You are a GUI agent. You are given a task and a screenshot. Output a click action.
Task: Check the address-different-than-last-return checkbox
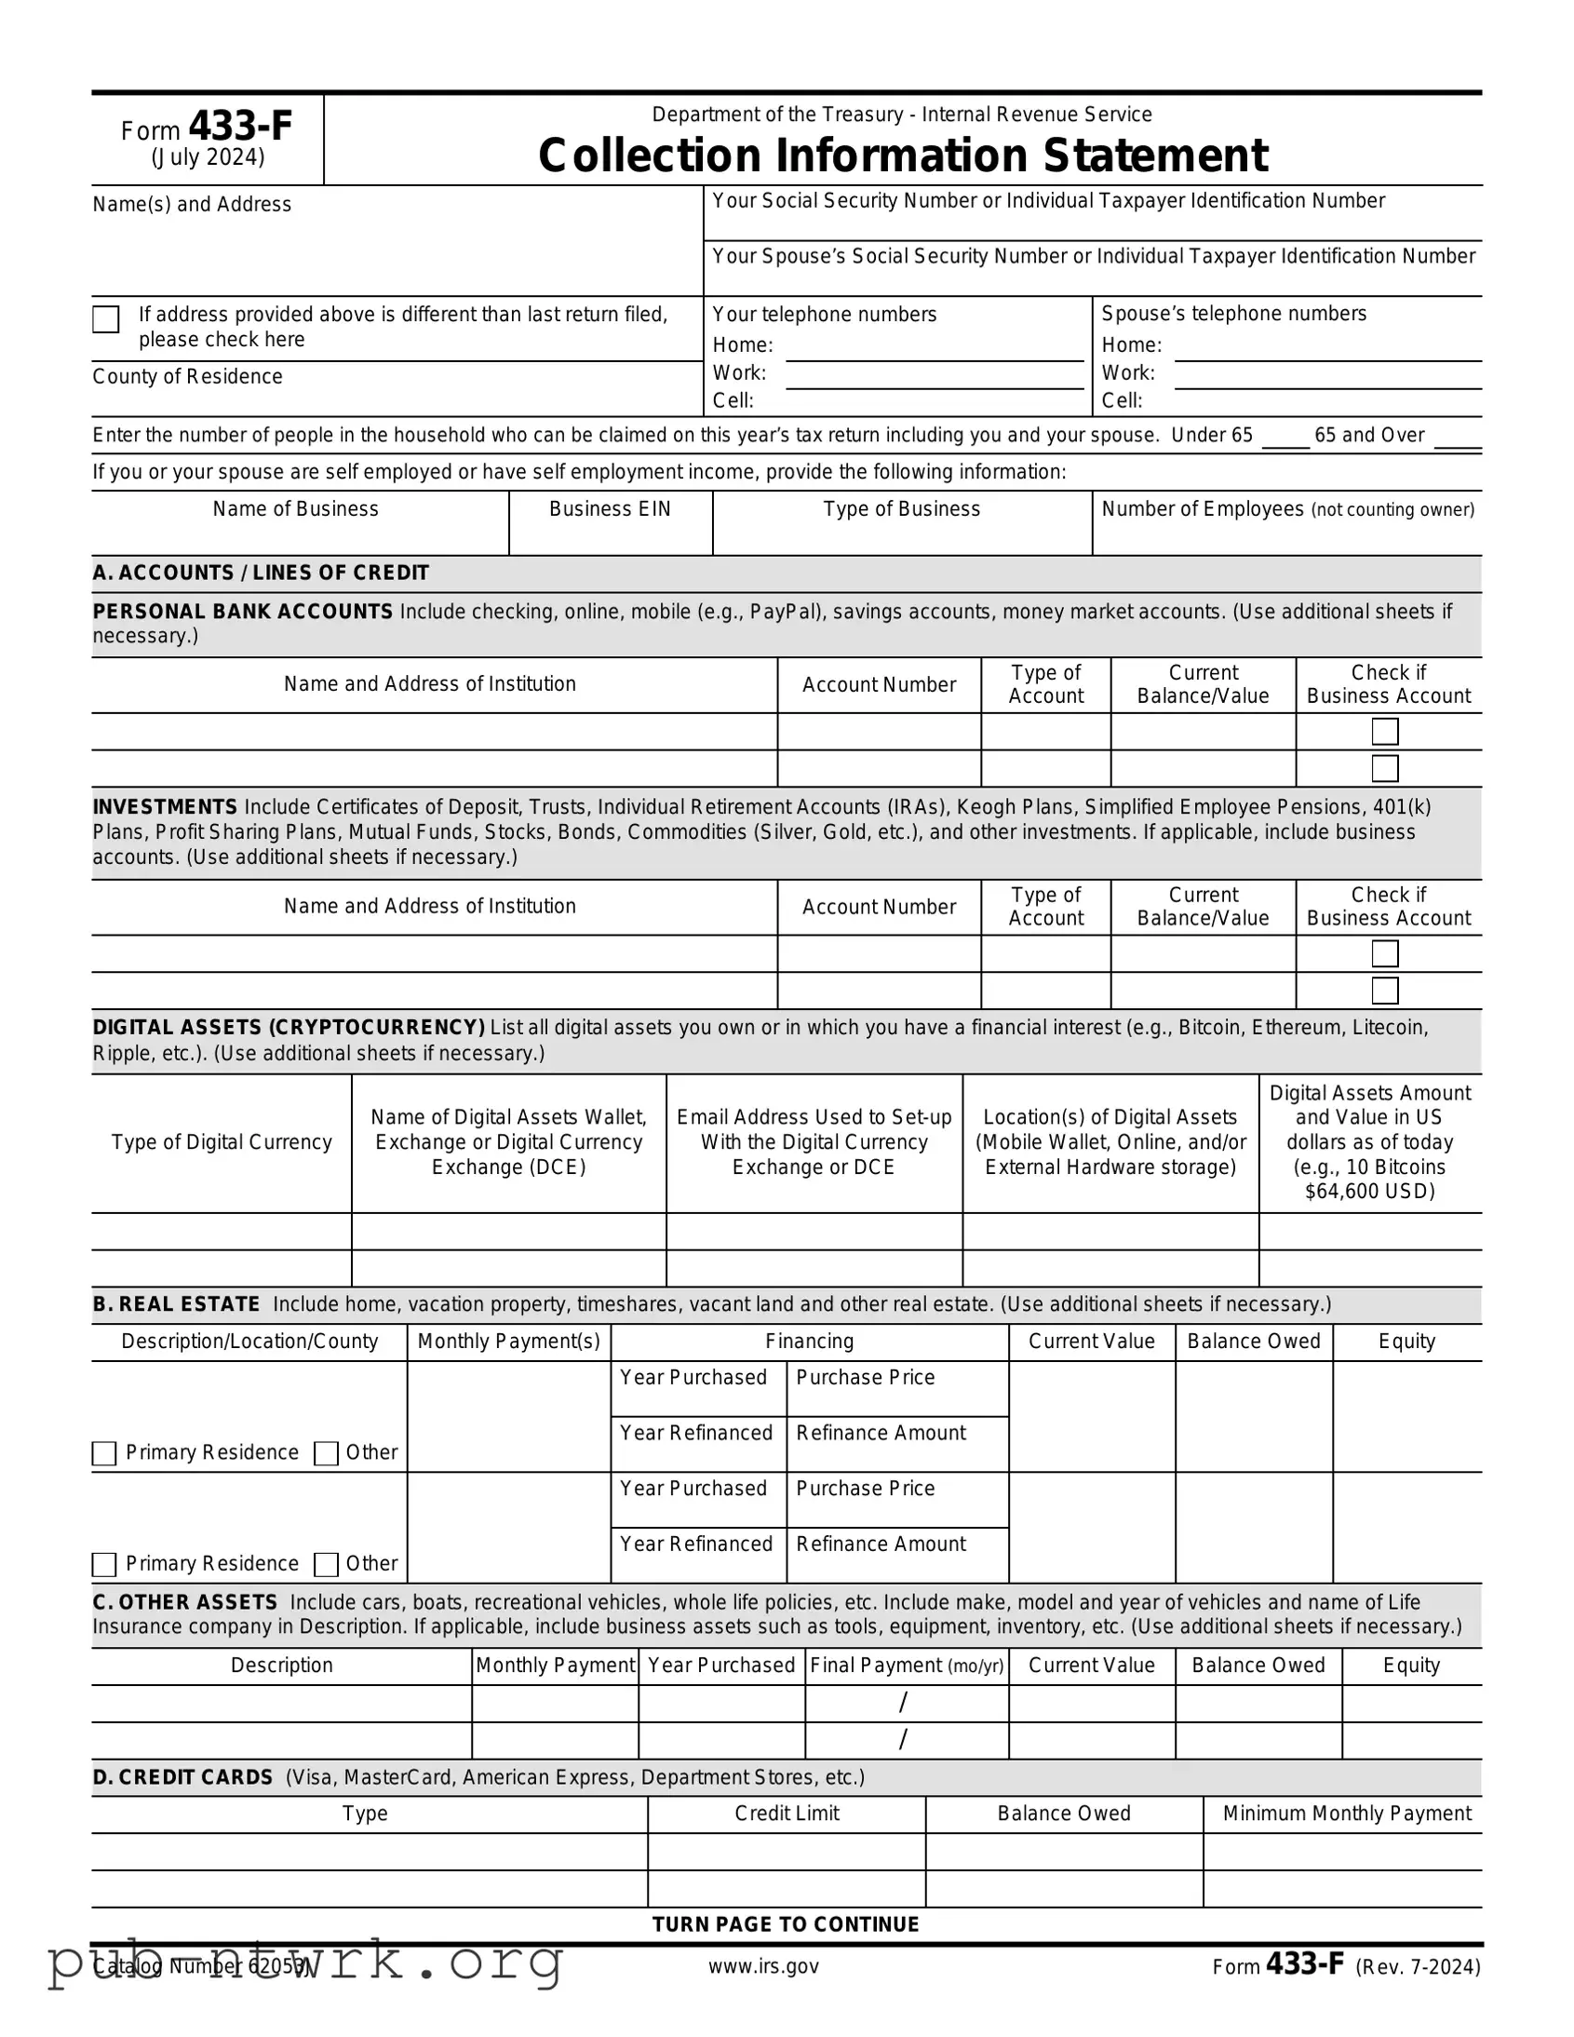point(106,319)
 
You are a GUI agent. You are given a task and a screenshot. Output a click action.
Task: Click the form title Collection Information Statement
point(902,155)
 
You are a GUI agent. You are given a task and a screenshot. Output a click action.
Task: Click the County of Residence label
point(187,377)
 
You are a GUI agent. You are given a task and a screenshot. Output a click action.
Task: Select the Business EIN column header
point(610,509)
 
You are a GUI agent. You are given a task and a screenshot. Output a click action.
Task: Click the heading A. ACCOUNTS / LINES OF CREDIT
point(260,573)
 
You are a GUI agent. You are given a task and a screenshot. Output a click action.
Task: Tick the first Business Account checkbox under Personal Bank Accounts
point(1385,731)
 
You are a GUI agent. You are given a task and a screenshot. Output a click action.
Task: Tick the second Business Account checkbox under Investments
point(1385,991)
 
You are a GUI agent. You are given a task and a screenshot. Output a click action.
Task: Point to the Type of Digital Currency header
point(222,1142)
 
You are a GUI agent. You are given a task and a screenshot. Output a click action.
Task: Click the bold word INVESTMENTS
point(165,807)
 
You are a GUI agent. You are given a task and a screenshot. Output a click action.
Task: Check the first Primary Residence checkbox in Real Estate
point(104,1453)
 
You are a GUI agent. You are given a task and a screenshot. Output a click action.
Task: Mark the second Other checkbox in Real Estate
point(327,1564)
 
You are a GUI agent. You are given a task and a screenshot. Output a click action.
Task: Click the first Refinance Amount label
point(881,1433)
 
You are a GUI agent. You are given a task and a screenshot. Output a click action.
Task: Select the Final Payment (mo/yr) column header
point(907,1666)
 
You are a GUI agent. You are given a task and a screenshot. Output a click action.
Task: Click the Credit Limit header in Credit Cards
point(787,1814)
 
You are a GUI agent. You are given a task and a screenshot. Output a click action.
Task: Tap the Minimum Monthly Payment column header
point(1347,1814)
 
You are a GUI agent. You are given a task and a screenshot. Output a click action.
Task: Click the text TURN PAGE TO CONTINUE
point(786,1924)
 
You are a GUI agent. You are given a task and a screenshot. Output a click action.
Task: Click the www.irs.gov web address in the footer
point(763,1966)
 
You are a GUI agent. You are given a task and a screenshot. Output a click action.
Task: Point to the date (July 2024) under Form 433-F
point(208,157)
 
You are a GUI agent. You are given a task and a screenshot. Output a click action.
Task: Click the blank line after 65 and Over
point(1458,438)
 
